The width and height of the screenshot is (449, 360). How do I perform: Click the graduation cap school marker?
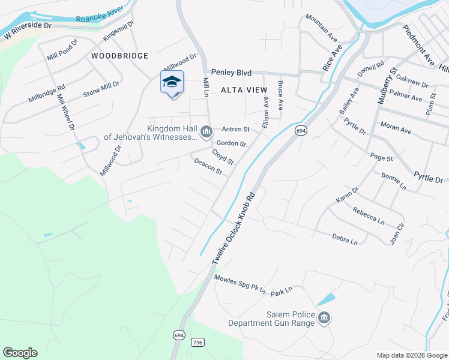pyautogui.click(x=172, y=82)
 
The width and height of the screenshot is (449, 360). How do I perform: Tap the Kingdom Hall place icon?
pyautogui.click(x=206, y=131)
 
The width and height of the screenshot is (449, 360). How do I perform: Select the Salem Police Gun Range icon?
pyautogui.click(x=324, y=318)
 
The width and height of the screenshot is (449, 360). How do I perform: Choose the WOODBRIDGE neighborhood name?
pyautogui.click(x=120, y=56)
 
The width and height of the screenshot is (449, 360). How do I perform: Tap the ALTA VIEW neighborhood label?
pyautogui.click(x=243, y=89)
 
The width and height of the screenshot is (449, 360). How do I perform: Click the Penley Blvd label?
pyautogui.click(x=231, y=73)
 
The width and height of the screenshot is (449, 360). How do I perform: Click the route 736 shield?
pyautogui.click(x=197, y=342)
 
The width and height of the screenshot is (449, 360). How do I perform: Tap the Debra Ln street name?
pyautogui.click(x=345, y=239)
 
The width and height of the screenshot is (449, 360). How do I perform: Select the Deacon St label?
pyautogui.click(x=208, y=167)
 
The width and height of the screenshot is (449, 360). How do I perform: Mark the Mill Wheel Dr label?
pyautogui.click(x=66, y=112)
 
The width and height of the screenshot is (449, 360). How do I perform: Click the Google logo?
pyautogui.click(x=20, y=353)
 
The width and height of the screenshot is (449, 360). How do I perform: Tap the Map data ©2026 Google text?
pyautogui.click(x=412, y=355)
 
